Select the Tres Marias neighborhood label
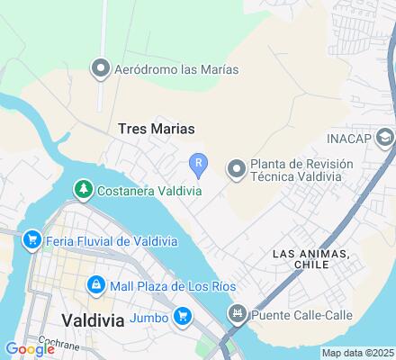click(157, 129)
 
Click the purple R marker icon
click(199, 162)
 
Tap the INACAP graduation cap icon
click(385, 139)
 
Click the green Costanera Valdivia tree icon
click(83, 188)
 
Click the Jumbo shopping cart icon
click(183, 315)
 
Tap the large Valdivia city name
click(93, 319)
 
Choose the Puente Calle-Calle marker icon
click(238, 314)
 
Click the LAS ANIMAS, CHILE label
click(310, 260)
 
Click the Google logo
click(29, 349)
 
